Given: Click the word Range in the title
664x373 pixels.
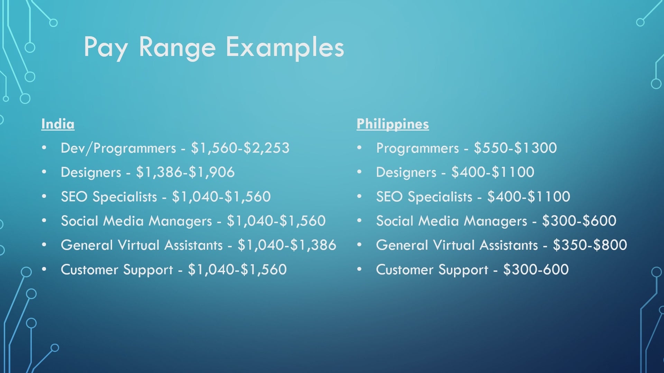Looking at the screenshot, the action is (x=177, y=48).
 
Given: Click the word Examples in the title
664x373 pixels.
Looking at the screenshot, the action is (x=285, y=48).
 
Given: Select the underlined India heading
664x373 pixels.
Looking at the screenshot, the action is (x=58, y=124).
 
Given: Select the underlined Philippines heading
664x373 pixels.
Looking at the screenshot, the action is (x=393, y=124).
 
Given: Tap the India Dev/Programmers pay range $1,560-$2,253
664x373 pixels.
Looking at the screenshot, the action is (x=240, y=148).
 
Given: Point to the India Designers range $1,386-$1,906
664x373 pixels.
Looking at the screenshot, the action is (x=185, y=172).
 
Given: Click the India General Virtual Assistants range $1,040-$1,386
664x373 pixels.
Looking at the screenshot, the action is (x=287, y=245).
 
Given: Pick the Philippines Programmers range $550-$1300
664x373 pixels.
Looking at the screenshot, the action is (x=515, y=148).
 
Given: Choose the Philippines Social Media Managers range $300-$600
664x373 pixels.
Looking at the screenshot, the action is (x=579, y=221).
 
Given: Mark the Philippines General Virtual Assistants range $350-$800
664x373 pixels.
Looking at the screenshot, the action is (x=590, y=245).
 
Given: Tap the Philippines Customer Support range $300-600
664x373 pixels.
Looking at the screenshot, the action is (x=536, y=270).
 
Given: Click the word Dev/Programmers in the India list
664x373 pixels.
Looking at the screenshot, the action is (x=118, y=149).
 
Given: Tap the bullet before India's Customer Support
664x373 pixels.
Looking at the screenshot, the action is (x=44, y=269).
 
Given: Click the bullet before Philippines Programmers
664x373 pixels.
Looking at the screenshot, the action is (x=359, y=147).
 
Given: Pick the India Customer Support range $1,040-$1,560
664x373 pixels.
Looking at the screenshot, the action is (x=237, y=270).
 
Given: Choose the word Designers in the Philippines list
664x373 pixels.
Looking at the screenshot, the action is (x=406, y=173).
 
